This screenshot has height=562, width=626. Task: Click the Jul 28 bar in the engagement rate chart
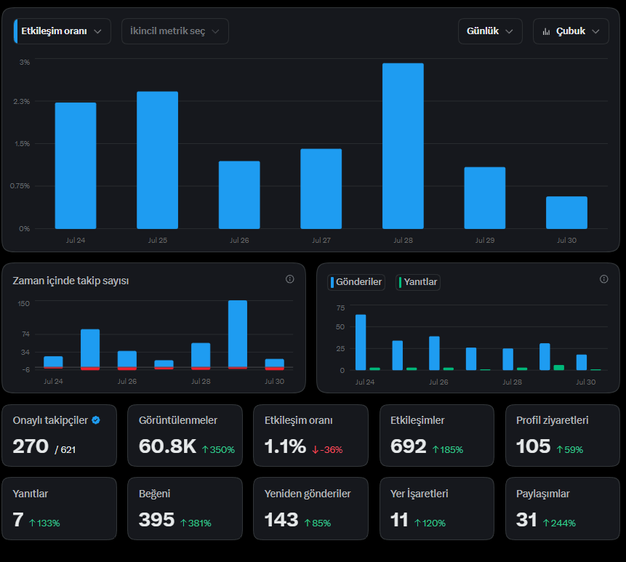click(403, 145)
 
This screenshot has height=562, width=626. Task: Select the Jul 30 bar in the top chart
click(566, 212)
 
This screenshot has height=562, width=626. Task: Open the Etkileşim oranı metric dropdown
click(63, 31)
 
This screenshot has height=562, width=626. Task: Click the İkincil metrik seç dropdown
click(175, 31)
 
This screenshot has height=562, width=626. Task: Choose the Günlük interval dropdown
click(490, 31)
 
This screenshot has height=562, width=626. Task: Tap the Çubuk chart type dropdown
click(571, 31)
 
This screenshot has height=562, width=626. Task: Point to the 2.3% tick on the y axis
click(22, 101)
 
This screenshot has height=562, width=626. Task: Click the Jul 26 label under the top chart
click(239, 241)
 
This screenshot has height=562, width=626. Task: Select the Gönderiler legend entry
click(356, 282)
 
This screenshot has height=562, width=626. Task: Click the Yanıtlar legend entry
click(418, 282)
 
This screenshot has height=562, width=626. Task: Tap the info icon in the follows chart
click(290, 279)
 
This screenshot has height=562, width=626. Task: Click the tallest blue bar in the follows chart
click(238, 334)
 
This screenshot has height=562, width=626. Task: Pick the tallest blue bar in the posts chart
click(361, 342)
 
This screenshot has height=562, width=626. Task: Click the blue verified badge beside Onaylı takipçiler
click(96, 420)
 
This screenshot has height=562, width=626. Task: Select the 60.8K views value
click(167, 446)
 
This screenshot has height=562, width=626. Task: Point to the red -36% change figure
click(327, 450)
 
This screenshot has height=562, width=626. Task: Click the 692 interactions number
click(409, 446)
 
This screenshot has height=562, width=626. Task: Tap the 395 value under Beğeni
click(156, 520)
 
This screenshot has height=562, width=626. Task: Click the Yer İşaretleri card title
click(420, 494)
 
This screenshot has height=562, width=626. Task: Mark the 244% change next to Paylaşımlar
click(559, 523)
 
